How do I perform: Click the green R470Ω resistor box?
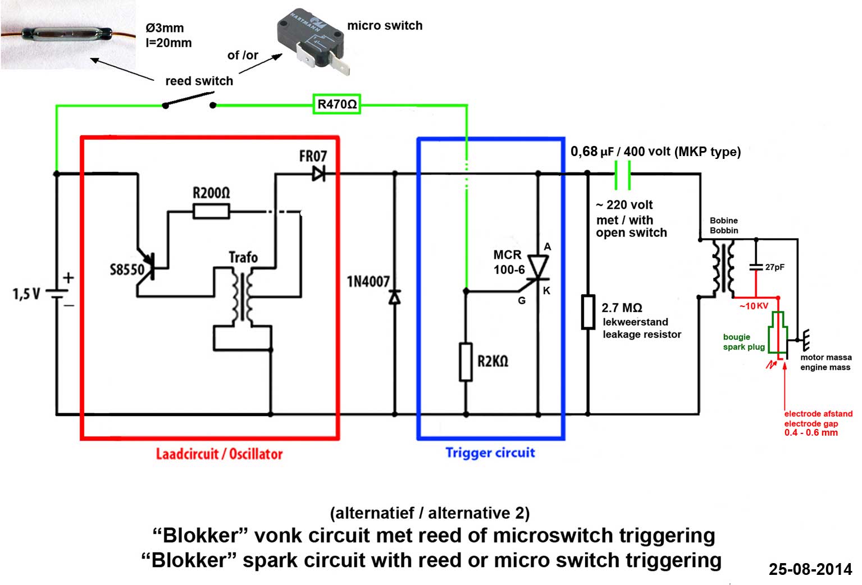click(x=336, y=104)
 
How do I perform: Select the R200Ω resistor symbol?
click(x=211, y=212)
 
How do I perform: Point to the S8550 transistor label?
click(x=126, y=269)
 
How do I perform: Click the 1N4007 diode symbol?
click(x=395, y=297)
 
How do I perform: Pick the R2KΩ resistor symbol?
click(x=466, y=362)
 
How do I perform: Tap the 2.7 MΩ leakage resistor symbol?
click(x=587, y=312)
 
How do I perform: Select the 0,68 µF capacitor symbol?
click(x=622, y=174)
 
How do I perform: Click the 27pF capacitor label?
click(x=774, y=267)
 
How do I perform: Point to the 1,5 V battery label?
click(x=26, y=294)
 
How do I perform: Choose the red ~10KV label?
click(x=754, y=306)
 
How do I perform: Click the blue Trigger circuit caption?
click(x=490, y=453)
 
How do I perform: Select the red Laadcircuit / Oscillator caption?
click(x=219, y=454)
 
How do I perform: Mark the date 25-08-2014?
click(x=810, y=569)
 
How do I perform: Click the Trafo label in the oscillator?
click(x=243, y=258)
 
